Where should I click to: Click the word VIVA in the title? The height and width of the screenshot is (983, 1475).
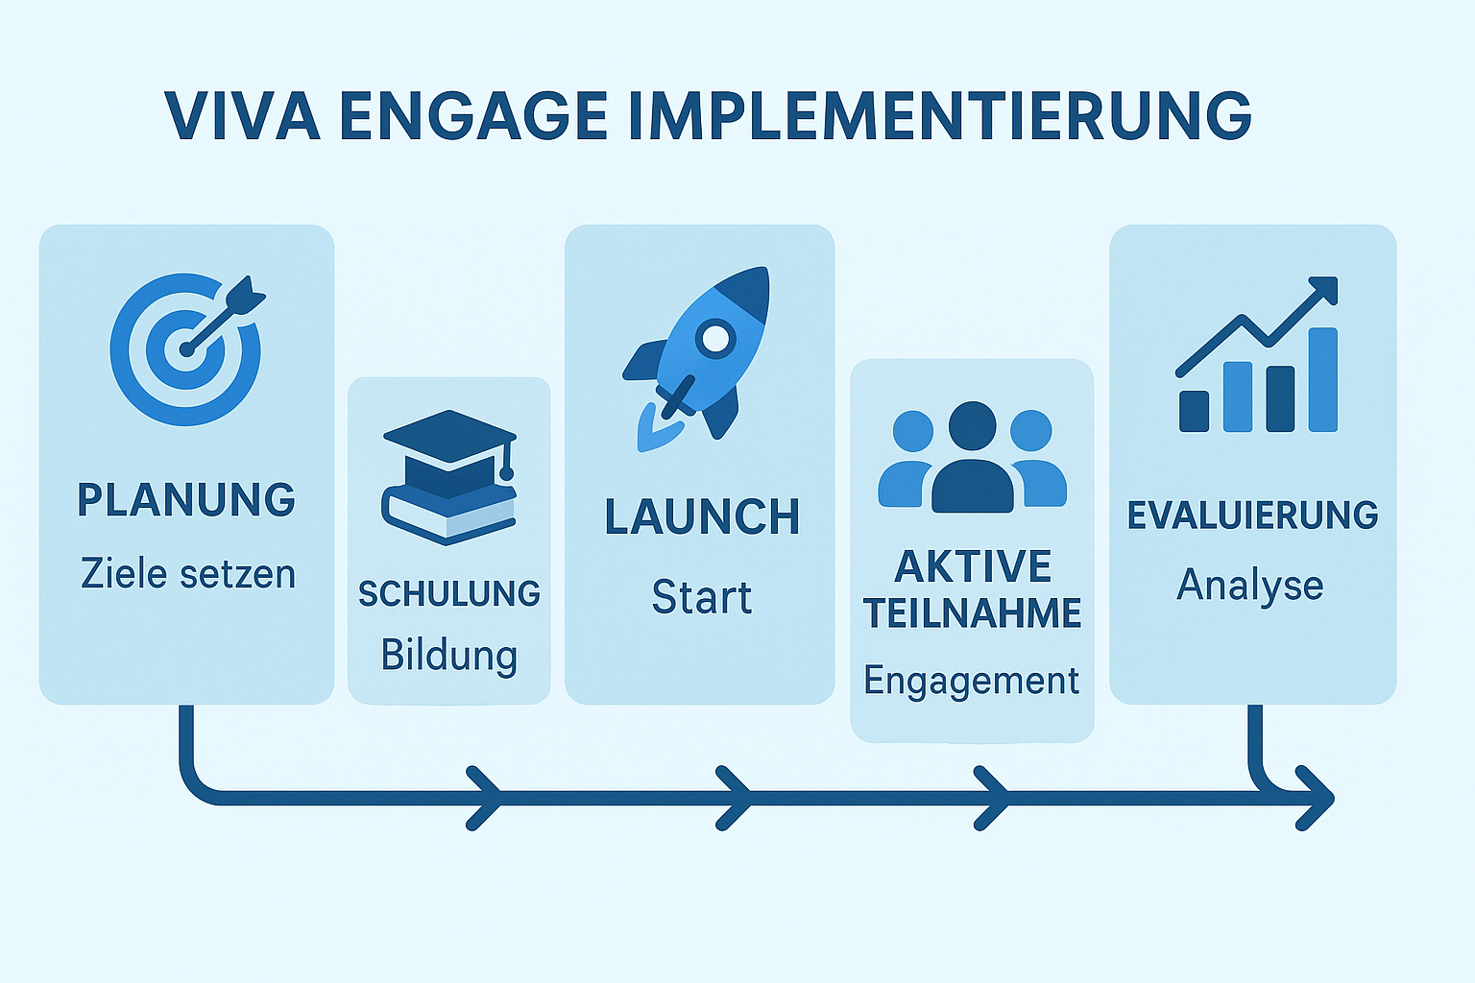(x=242, y=117)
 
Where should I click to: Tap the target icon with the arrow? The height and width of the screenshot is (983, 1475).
(x=186, y=348)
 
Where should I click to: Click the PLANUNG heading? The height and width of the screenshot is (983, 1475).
(x=186, y=500)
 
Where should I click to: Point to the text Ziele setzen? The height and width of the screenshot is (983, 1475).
(x=188, y=574)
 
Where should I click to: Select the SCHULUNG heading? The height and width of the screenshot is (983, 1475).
(x=449, y=594)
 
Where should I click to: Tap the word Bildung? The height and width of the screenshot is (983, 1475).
(x=449, y=655)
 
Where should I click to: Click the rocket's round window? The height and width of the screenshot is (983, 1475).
(x=714, y=338)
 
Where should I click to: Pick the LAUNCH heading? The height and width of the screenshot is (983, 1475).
(x=702, y=517)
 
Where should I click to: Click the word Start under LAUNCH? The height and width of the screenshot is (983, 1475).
(x=702, y=597)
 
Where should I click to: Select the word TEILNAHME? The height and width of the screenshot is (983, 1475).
(x=973, y=613)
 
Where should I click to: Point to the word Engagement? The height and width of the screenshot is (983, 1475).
(x=972, y=681)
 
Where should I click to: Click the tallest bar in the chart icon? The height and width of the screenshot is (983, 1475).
(x=1322, y=379)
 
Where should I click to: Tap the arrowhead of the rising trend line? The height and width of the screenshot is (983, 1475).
(x=1324, y=289)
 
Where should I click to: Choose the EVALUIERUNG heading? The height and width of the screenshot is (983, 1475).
(x=1252, y=515)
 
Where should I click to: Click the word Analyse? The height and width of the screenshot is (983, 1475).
(x=1250, y=585)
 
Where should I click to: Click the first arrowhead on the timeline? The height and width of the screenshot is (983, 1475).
(x=485, y=798)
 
